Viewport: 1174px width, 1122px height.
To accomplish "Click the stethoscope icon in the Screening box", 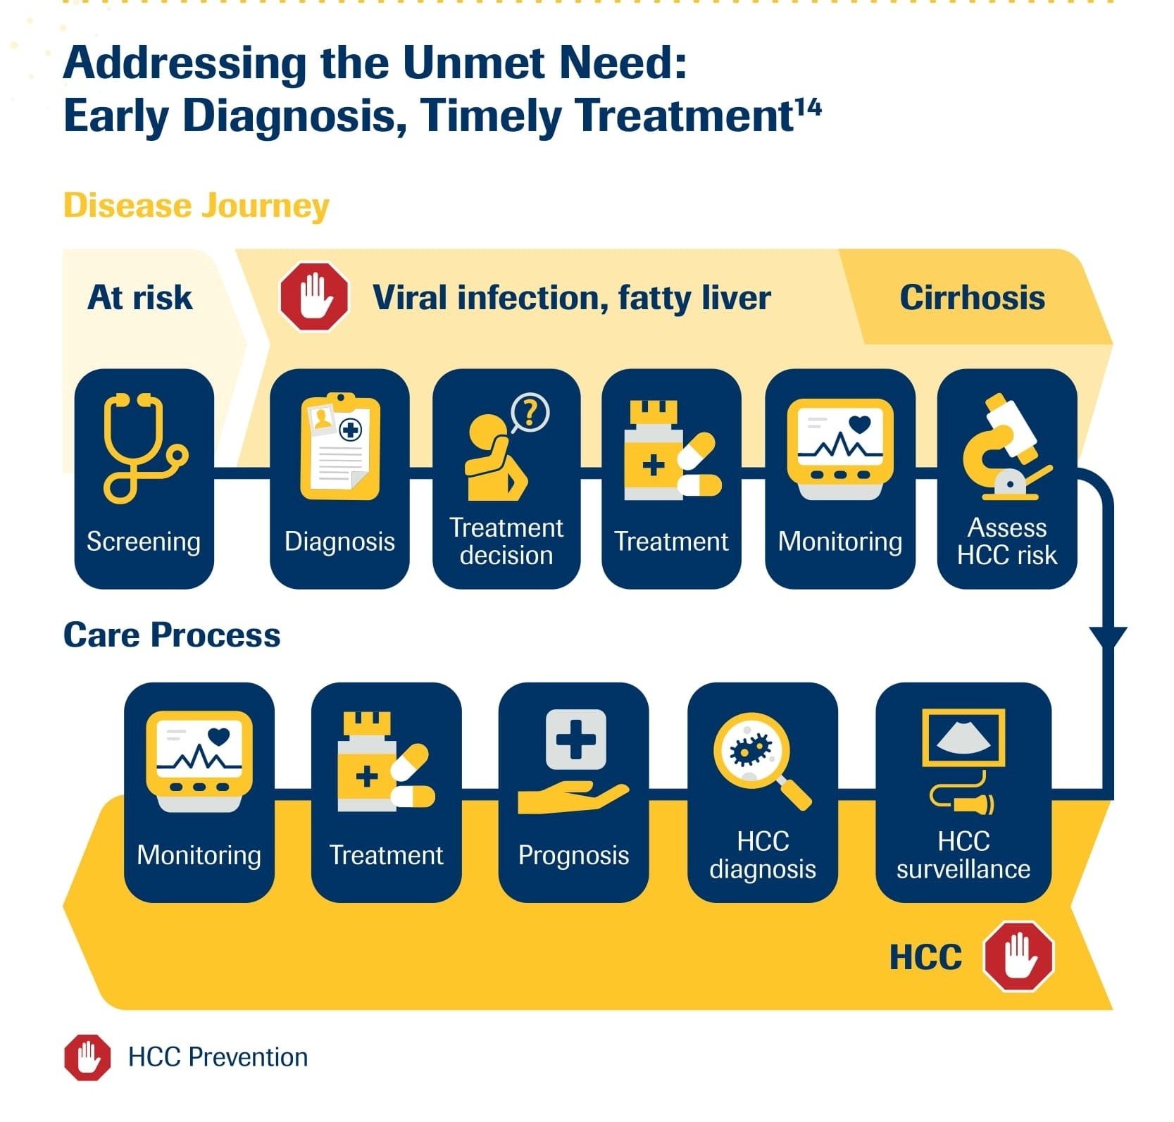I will [141, 448].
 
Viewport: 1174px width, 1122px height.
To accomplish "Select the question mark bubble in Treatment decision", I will [530, 412].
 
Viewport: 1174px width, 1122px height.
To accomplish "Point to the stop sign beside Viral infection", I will [314, 297].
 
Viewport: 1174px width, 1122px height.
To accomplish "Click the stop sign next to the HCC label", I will [1018, 956].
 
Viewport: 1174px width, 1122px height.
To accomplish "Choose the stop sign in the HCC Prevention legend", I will [87, 1057].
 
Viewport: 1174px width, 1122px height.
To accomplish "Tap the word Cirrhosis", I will [972, 297].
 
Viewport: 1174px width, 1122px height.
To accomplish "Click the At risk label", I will [139, 297].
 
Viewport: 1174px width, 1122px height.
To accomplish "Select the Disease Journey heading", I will [196, 206].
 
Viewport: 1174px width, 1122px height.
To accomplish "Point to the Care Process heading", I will [172, 635].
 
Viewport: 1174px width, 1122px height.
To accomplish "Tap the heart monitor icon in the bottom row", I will [199, 761].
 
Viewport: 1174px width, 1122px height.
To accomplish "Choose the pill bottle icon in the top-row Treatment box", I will [653, 451].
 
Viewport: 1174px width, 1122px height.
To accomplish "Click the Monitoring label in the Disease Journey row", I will [839, 542].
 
